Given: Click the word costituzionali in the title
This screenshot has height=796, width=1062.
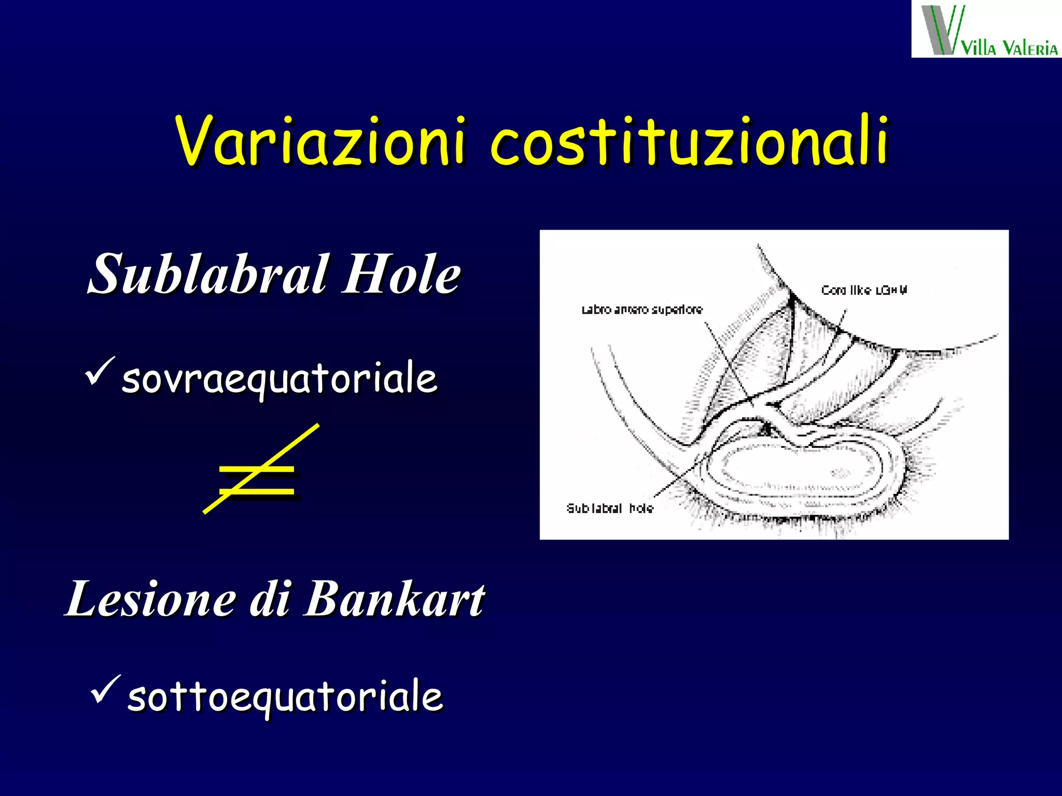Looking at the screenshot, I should coord(690,141).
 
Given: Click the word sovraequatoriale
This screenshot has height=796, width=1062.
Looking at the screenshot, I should coord(280,379).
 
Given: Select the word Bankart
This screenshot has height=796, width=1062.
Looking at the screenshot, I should coord(394,600).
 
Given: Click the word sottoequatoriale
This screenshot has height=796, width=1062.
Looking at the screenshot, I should coord(285,697).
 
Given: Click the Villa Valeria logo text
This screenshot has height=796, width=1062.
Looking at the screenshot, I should coord(1009,48).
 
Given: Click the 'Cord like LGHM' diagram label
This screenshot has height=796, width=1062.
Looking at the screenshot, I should coord(864,290).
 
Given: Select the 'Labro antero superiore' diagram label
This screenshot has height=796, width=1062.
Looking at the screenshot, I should coord(641,310).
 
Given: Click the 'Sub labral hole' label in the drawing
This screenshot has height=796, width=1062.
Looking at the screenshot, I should coord(610,508).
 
